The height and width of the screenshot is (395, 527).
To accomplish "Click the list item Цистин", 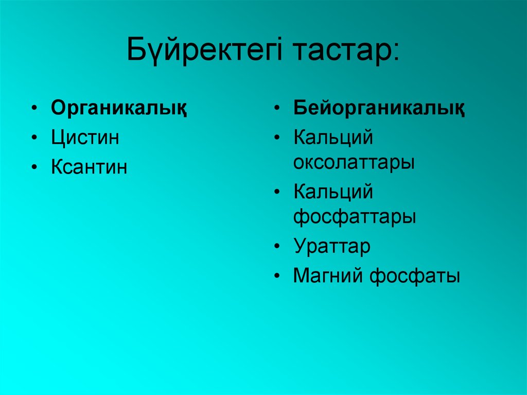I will [x=85, y=138].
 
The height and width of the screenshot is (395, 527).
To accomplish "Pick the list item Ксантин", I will [x=89, y=168].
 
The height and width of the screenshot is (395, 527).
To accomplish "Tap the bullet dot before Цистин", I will [x=34, y=139].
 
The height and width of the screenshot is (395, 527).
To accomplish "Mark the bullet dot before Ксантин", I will [x=34, y=168].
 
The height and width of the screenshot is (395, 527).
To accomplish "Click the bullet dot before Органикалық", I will [x=34, y=109].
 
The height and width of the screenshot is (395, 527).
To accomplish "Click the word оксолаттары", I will [x=354, y=163].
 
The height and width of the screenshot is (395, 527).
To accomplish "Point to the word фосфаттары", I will [x=355, y=217].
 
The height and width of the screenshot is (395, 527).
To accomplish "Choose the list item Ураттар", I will [x=332, y=247].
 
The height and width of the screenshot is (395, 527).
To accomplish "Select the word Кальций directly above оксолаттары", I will [x=333, y=138].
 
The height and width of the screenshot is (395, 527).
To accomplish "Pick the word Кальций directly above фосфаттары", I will [x=333, y=193].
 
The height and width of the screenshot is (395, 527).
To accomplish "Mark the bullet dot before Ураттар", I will [x=277, y=247].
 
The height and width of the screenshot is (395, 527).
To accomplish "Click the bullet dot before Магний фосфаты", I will [x=277, y=277].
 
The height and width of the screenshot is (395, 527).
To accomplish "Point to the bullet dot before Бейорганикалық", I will [x=277, y=109].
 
